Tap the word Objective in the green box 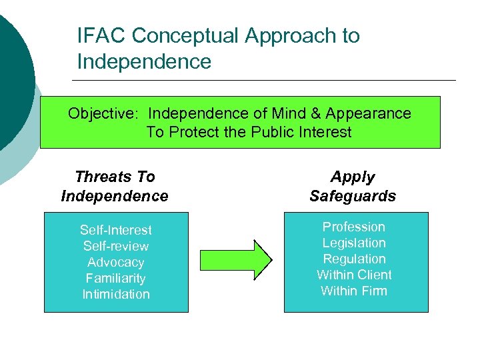(x=103, y=113)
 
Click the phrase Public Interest (x=301, y=132)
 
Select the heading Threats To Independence (x=115, y=186)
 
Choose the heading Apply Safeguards (x=353, y=186)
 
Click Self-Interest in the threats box (x=116, y=230)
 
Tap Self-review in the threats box (x=116, y=246)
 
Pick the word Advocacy (x=116, y=262)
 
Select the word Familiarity (x=116, y=278)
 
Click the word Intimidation (x=116, y=294)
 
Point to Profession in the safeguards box (x=354, y=227)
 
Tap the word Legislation (x=354, y=243)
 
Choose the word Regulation (x=354, y=259)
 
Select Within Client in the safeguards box (x=354, y=275)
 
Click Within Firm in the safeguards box (x=354, y=291)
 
